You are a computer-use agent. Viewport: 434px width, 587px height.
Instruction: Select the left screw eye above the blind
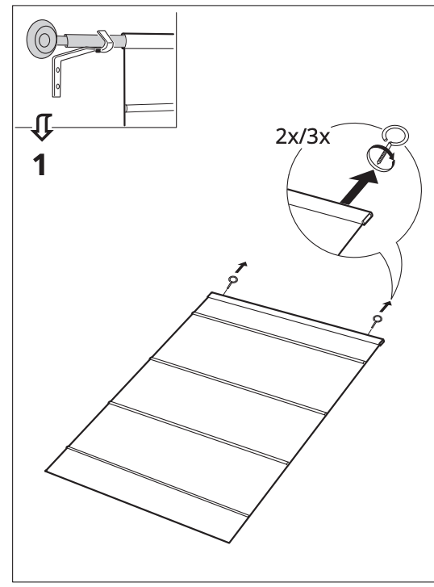point(232,280)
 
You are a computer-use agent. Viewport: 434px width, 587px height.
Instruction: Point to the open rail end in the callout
point(367,216)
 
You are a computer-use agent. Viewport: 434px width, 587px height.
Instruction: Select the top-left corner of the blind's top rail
point(211,293)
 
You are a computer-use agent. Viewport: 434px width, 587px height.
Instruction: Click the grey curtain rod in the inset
point(84,40)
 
